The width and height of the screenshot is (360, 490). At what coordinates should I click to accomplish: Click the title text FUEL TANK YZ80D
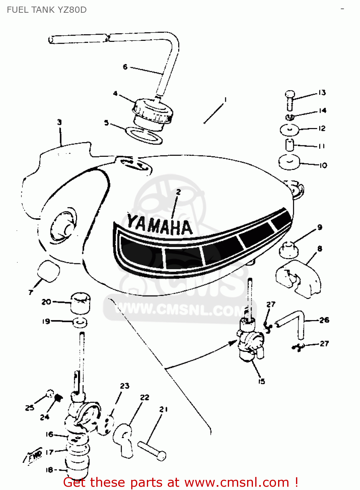(47, 10)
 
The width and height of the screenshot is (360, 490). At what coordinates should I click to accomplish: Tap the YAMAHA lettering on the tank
(160, 225)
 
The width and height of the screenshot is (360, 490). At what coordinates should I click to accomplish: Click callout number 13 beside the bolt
(322, 92)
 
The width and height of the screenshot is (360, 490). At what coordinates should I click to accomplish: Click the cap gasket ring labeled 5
(144, 135)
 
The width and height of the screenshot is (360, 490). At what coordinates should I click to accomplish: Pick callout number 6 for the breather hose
(125, 67)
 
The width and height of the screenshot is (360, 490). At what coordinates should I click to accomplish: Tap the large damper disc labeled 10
(289, 162)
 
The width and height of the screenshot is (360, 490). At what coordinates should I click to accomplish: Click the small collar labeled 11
(290, 145)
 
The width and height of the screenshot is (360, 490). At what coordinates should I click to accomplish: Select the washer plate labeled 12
(290, 130)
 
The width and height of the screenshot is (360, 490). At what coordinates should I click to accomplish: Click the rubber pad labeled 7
(49, 271)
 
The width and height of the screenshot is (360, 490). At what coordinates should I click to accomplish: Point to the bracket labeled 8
(298, 278)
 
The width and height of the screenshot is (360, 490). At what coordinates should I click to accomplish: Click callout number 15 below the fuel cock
(261, 381)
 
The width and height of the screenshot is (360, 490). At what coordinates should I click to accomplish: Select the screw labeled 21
(152, 451)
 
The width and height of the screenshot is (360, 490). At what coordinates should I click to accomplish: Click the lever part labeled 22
(123, 439)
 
